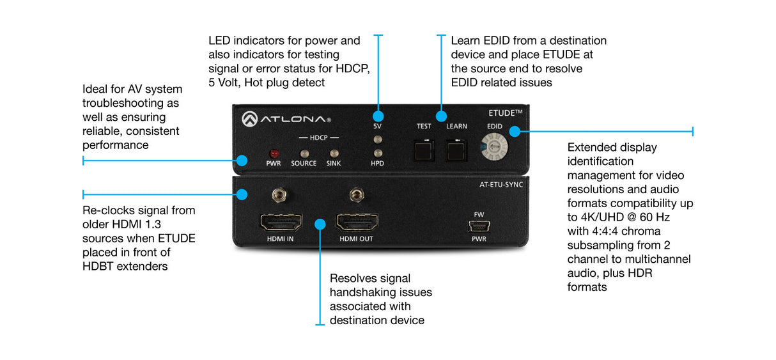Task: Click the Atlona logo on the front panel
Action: (x=286, y=119)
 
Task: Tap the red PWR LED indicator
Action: (x=274, y=153)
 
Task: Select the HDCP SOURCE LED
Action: (x=304, y=153)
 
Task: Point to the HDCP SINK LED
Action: (x=334, y=153)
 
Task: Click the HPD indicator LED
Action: (x=378, y=153)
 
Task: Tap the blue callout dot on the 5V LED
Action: (x=378, y=116)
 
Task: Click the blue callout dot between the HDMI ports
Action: (x=321, y=224)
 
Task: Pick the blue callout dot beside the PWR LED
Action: (x=242, y=160)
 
